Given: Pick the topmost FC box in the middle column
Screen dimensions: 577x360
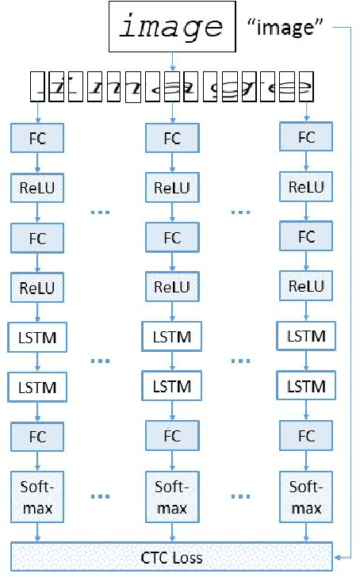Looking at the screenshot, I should (x=171, y=139).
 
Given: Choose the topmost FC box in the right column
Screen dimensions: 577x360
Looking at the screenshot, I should (x=305, y=137).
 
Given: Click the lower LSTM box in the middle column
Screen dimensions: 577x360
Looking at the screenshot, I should (x=171, y=387).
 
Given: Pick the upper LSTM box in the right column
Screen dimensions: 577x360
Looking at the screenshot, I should (x=305, y=336).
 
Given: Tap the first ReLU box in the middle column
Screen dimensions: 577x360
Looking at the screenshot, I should (x=171, y=188).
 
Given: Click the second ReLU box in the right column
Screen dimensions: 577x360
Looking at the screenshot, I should (x=305, y=286).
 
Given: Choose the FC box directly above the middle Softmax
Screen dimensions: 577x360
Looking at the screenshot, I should (x=171, y=436).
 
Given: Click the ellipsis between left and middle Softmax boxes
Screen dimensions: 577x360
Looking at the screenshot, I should (x=103, y=498).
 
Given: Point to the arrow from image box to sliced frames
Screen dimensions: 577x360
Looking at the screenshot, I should (x=171, y=62).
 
